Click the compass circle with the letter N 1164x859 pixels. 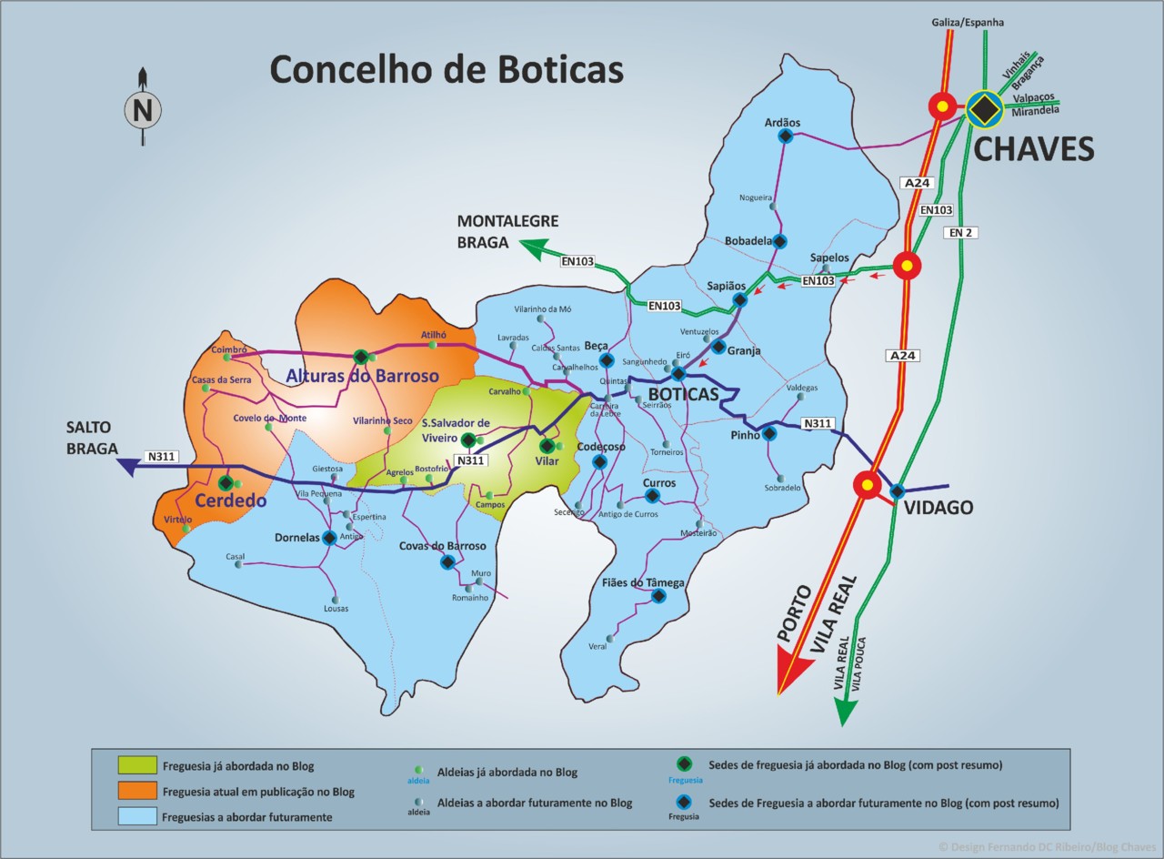click(143, 111)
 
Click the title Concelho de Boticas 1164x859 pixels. click(446, 70)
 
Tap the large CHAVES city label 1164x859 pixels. click(1033, 148)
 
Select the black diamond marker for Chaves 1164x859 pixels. click(983, 108)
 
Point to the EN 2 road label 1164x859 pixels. click(962, 233)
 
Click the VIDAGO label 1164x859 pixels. click(938, 508)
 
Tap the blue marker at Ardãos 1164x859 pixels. click(786, 136)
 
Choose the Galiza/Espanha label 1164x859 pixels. click(968, 22)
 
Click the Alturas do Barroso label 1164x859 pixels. click(362, 376)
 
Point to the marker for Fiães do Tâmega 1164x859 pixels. click(658, 597)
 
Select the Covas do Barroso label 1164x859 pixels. click(442, 546)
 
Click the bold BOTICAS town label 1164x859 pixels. click(682, 395)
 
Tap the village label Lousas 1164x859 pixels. click(336, 608)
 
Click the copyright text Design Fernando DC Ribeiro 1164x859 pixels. click(1047, 846)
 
